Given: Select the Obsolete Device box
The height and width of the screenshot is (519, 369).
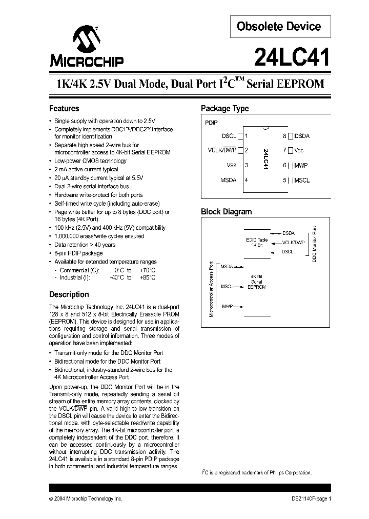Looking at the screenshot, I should point(279,27).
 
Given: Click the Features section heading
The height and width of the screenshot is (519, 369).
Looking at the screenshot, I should point(64,109).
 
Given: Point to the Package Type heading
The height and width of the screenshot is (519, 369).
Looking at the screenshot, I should point(224,109).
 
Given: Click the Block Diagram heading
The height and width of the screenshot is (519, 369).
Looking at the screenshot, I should point(226,212).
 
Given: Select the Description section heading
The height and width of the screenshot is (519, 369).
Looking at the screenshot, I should point(69,294).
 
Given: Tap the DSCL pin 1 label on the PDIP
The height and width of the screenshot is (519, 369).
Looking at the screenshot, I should point(229,136).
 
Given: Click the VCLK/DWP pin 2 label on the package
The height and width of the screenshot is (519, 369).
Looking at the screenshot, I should point(223,150).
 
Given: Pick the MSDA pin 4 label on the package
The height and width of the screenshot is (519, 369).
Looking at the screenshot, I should point(229,180).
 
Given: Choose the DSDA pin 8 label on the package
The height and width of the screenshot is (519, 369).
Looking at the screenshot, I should point(302,136).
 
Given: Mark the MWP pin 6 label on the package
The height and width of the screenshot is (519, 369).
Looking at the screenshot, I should point(302,165).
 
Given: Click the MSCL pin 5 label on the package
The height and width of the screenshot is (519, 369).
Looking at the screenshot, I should point(302,180).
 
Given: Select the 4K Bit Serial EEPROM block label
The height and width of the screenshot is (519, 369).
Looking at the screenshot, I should point(256,282).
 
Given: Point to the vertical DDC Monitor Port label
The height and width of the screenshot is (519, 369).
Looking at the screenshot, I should point(315,244).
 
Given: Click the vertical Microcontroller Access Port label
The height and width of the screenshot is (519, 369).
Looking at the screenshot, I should point(211,289).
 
